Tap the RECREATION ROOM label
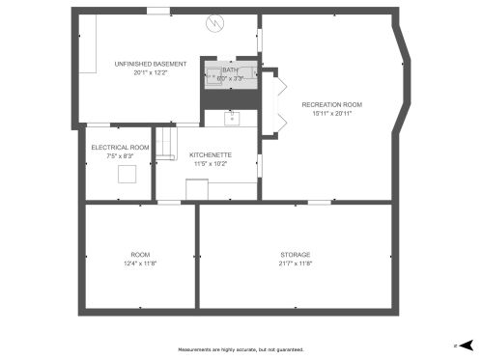pyautogui.click(x=331, y=103)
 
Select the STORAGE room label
pyautogui.click(x=296, y=255)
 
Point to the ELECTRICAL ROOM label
pyautogui.click(x=120, y=147)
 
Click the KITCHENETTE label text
pyautogui.click(x=210, y=154)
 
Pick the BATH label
pyautogui.click(x=230, y=69)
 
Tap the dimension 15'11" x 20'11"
pyautogui.click(x=331, y=112)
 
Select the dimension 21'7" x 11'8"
pyautogui.click(x=296, y=263)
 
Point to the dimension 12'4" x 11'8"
pyautogui.click(x=140, y=263)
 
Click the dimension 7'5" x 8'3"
pyautogui.click(x=120, y=155)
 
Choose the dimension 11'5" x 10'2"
pyautogui.click(x=210, y=163)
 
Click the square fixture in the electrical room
pyautogui.click(x=127, y=174)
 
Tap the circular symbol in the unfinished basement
pyautogui.click(x=218, y=22)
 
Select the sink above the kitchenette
pyautogui.click(x=231, y=118)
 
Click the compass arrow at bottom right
pyautogui.click(x=466, y=344)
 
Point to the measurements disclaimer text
pyautogui.click(x=241, y=349)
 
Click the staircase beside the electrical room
pyautogui.click(x=165, y=144)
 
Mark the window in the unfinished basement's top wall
pyautogui.click(x=157, y=11)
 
